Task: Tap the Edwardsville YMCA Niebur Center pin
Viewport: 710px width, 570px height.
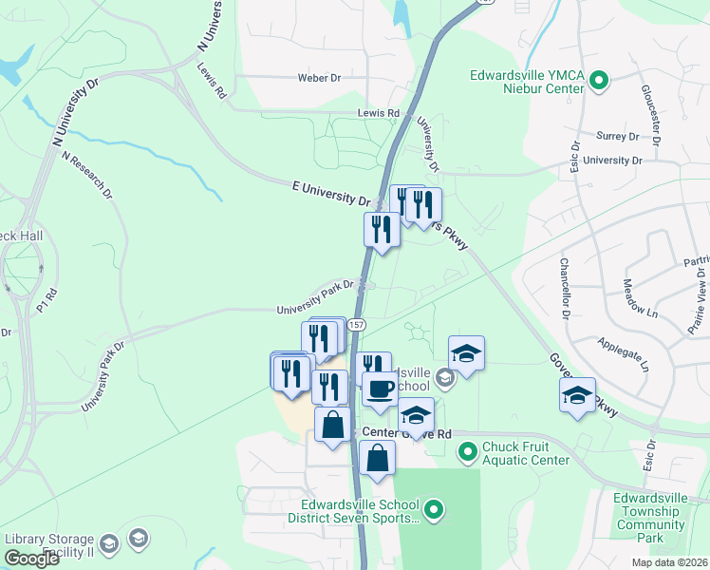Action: click(599, 82)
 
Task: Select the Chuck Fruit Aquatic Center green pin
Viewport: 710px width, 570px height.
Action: click(467, 451)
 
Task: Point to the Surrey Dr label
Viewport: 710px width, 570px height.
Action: click(618, 137)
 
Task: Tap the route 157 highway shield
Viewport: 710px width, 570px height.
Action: click(356, 325)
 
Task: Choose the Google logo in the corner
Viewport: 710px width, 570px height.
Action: click(31, 559)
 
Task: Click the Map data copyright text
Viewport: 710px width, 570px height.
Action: click(670, 562)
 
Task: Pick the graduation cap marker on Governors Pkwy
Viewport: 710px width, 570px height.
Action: click(577, 396)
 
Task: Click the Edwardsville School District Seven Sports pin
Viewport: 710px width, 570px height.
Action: click(434, 510)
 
